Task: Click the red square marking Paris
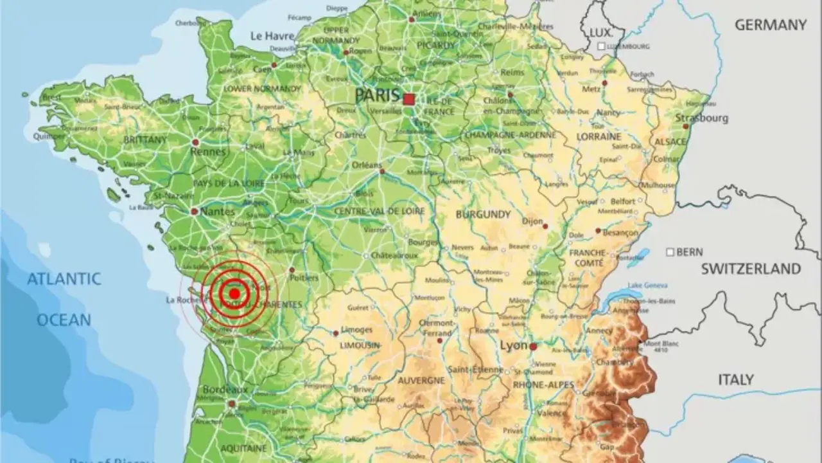pyautogui.click(x=409, y=99)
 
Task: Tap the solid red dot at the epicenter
pyautogui.click(x=234, y=294)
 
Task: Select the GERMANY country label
pyautogui.click(x=771, y=25)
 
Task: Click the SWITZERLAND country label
pyautogui.click(x=751, y=269)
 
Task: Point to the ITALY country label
pyautogui.click(x=735, y=380)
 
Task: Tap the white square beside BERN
pyautogui.click(x=670, y=252)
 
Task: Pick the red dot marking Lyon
pyautogui.click(x=533, y=346)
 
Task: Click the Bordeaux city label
pyautogui.click(x=225, y=390)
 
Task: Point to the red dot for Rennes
pyautogui.click(x=195, y=141)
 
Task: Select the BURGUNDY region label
pyautogui.click(x=483, y=214)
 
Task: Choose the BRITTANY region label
pyautogui.click(x=145, y=140)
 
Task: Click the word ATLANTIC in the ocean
pyautogui.click(x=64, y=279)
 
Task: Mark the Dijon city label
pyautogui.click(x=532, y=221)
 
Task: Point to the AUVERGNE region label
pyautogui.click(x=421, y=381)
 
